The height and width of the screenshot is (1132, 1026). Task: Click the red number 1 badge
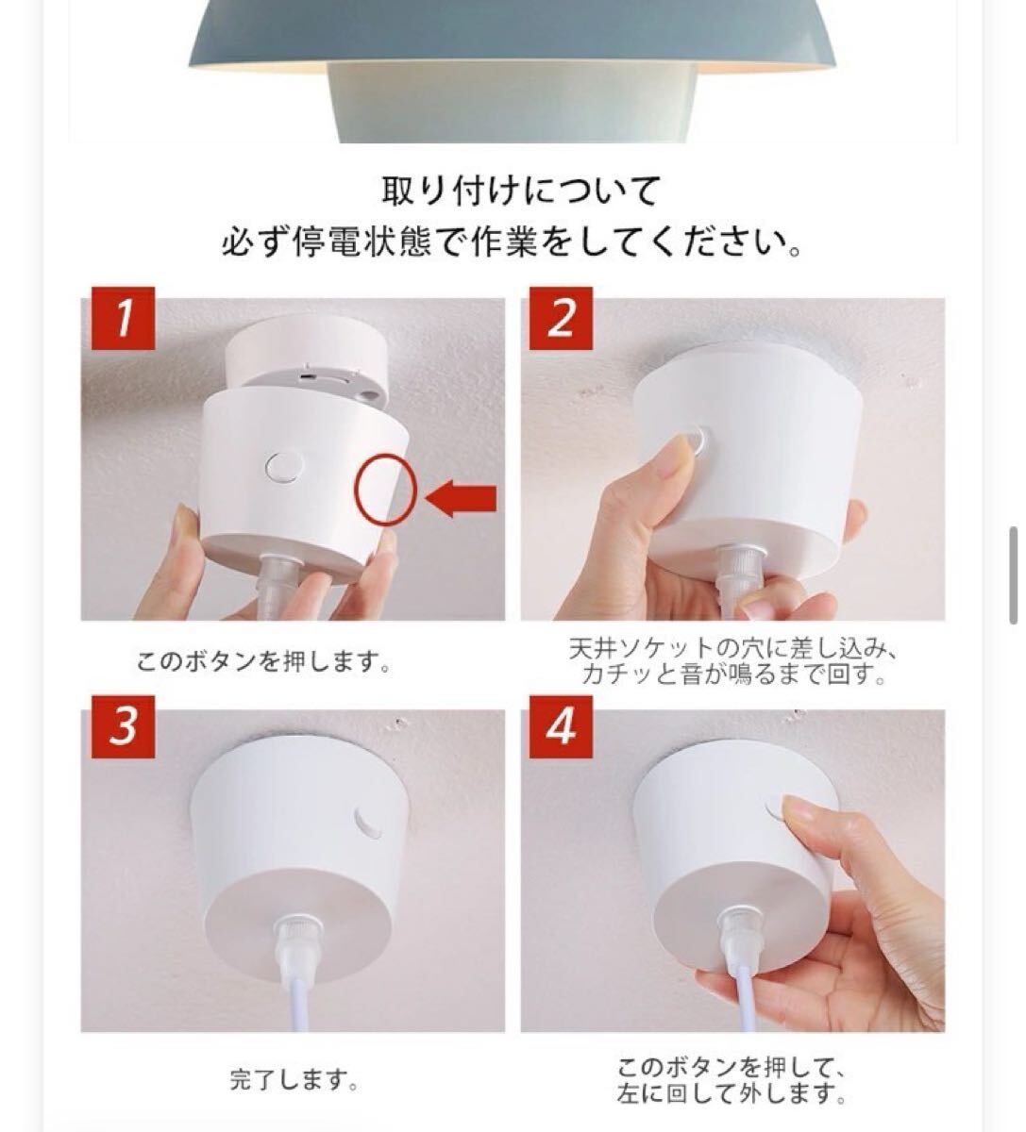coord(123,318)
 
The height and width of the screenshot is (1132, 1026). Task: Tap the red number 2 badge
coord(561,318)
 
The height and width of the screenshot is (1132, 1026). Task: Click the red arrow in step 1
coord(461,499)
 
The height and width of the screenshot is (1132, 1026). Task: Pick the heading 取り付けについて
coord(521,191)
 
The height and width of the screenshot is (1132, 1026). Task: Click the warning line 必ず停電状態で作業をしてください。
coord(512,243)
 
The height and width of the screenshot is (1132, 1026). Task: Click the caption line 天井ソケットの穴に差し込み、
coord(732,649)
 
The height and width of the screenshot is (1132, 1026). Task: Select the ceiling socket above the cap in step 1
coord(307,358)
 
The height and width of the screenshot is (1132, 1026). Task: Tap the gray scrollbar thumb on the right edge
coord(1014,575)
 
